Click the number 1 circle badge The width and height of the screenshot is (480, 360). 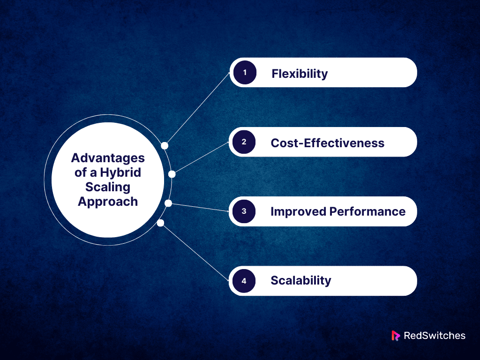[x=244, y=73]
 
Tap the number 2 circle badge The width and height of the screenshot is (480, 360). [x=244, y=142]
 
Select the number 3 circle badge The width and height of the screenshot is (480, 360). [x=244, y=211]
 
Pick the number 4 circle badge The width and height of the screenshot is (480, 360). [x=244, y=281]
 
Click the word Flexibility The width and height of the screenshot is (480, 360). [x=300, y=74]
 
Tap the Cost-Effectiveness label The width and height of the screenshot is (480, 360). [x=328, y=143]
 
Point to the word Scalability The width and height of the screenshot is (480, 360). [x=301, y=281]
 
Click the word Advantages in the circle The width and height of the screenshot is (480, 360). [x=108, y=157]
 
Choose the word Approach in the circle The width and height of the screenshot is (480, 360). [x=108, y=201]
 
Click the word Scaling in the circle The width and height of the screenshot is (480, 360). [x=108, y=187]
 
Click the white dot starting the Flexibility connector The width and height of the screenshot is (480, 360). [x=165, y=146]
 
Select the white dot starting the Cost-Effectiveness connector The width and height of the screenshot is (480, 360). [x=172, y=174]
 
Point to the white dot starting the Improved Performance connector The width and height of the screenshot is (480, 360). [x=169, y=203]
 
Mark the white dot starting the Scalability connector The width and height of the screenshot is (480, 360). [x=160, y=223]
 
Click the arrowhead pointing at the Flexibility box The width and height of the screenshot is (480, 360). [x=230, y=74]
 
